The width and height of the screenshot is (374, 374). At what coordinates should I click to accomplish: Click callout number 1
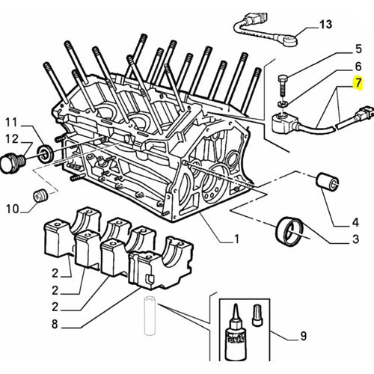[x=236, y=240]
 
